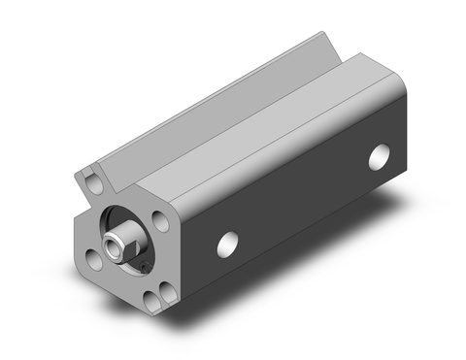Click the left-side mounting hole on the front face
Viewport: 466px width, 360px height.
click(x=90, y=257)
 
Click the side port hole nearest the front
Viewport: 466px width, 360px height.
click(x=230, y=244)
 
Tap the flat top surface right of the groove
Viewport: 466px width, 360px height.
click(x=282, y=116)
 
